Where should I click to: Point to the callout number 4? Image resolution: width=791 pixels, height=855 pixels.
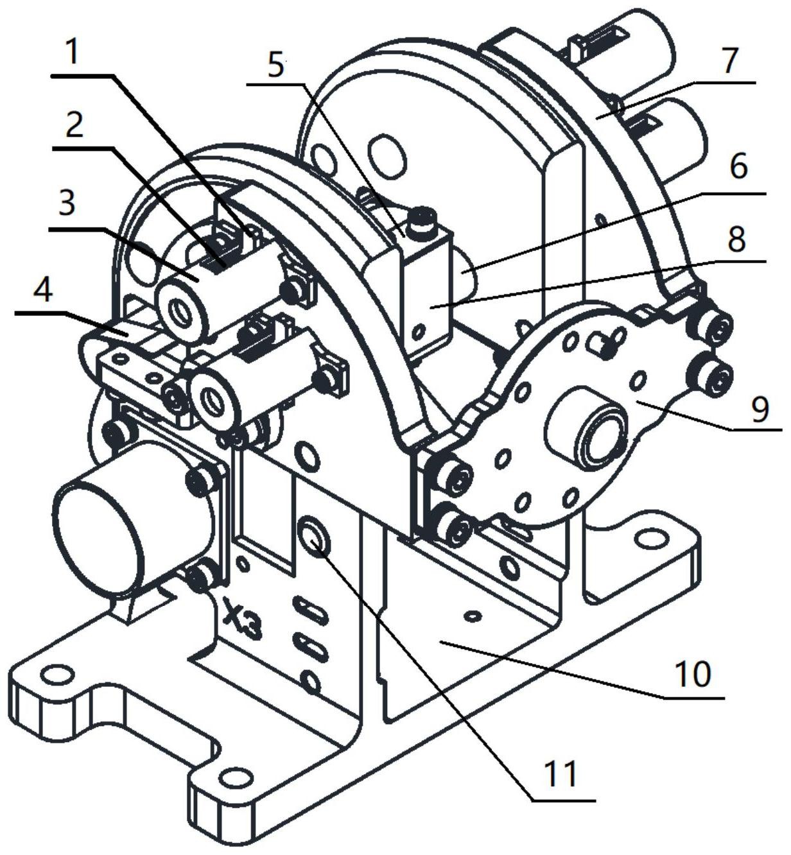coord(42,287)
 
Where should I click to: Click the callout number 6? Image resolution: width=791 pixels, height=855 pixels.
coord(738,167)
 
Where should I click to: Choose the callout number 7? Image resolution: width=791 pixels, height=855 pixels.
coord(729,60)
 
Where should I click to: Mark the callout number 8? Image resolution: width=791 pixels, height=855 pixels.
coord(736,239)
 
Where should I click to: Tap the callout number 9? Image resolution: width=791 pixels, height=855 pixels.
coord(760,410)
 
